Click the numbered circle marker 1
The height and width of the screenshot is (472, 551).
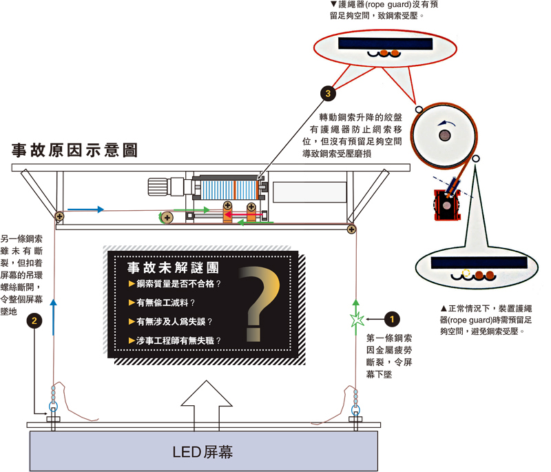coord(392,319)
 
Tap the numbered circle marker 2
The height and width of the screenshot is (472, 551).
coord(34,320)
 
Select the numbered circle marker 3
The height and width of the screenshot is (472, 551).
coord(328,94)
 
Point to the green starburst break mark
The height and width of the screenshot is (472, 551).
coord(357,320)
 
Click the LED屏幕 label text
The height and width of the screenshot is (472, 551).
coord(202,452)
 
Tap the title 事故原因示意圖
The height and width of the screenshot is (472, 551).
coord(74,150)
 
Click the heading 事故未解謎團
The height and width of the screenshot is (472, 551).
coord(173,268)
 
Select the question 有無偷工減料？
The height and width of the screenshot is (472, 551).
coord(165,302)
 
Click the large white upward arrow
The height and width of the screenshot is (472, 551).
coord(207,405)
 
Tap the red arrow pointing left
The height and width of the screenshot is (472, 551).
coord(243,214)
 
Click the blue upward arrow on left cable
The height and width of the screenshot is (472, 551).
coord(53,318)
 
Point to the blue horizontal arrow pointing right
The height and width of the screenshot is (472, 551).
coord(85,209)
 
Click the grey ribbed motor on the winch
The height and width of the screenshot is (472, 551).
coord(158,187)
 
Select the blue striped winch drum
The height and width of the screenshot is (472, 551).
coord(229,190)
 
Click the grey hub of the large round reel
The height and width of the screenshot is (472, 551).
coord(445,135)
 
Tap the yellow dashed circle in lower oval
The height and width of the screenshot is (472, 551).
coord(466,273)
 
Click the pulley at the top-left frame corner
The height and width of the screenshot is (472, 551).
coord(59,216)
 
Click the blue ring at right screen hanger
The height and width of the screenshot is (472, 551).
coord(355,409)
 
